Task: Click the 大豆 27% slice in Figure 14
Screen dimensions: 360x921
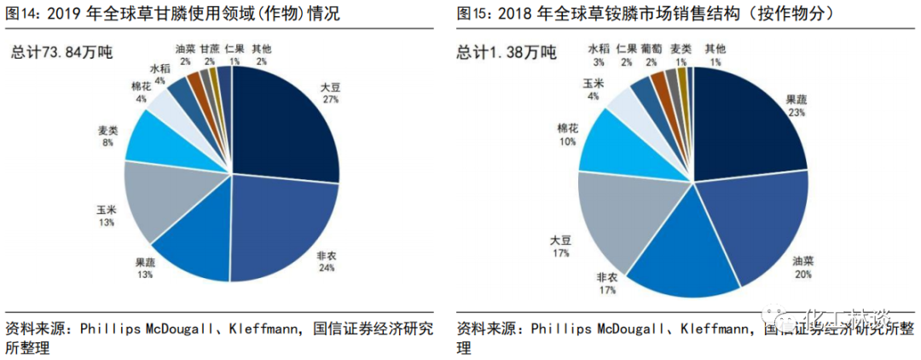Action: pos(281,128)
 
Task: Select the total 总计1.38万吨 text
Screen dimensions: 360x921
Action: pos(508,53)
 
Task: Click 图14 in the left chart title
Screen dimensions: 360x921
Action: pos(22,13)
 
